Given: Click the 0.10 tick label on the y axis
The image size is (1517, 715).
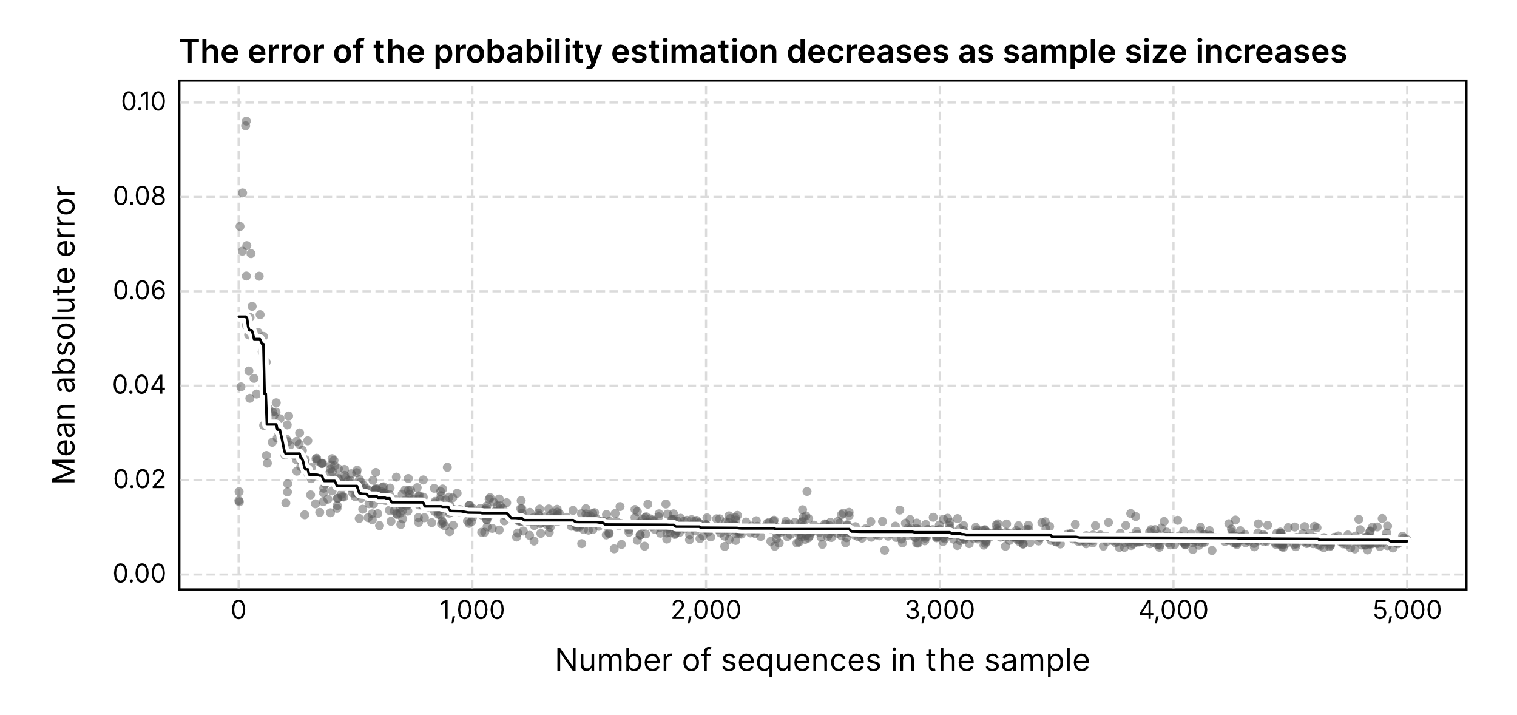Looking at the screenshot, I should coord(143,103).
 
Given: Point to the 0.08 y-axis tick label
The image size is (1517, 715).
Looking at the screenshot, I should coord(139,197).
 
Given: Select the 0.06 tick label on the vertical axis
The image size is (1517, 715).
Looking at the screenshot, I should coord(139,291).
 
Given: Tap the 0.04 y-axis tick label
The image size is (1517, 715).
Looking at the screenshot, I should coord(139,385).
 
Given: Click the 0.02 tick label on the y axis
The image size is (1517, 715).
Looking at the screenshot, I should coord(139,480).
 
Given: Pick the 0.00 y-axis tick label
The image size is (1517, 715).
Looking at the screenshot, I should coord(139,574).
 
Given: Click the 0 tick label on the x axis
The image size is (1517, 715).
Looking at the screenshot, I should coord(238,611).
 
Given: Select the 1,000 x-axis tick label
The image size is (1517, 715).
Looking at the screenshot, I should coord(472,611).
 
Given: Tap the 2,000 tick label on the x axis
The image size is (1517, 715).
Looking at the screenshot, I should coord(706,611).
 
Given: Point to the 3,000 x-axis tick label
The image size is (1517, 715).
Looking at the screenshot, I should coord(939,611).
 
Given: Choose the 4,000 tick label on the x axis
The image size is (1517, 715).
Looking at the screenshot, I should coord(1173,611).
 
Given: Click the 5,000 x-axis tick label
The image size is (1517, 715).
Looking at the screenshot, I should coord(1407,611).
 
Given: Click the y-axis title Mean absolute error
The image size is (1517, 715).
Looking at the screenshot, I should coord(64,336).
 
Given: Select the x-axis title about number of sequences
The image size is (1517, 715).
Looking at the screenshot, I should coord(822,661).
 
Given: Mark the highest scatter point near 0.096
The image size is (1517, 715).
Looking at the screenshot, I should coord(246,121).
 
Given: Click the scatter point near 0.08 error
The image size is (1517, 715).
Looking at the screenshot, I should coord(242,193).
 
